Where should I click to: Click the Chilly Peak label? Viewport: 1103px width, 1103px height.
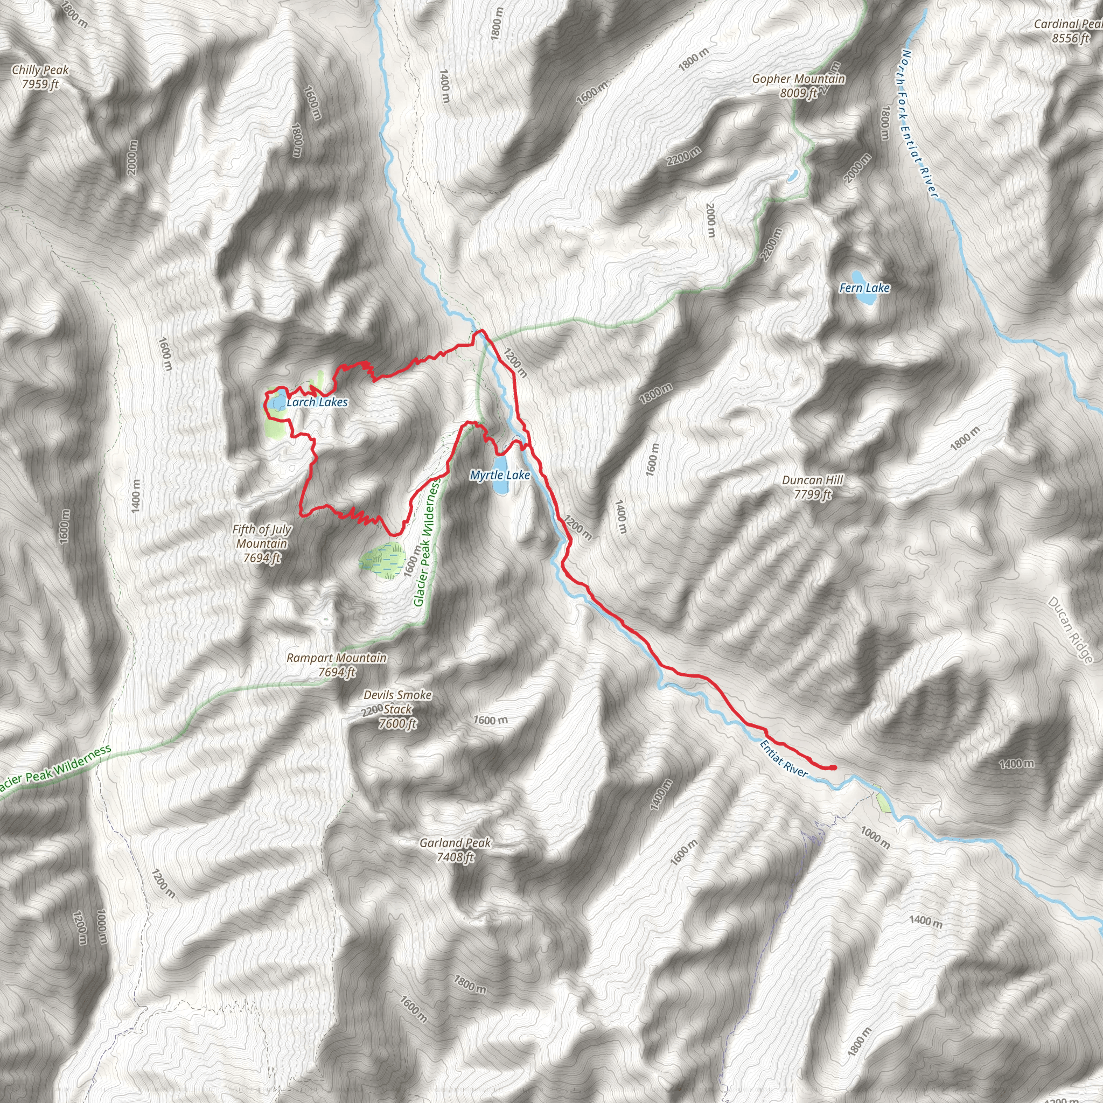coord(40,70)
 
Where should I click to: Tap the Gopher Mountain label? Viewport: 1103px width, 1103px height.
coord(798,79)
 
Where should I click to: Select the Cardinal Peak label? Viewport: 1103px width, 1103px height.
coord(1068,24)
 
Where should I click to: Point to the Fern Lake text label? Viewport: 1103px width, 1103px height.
coord(864,288)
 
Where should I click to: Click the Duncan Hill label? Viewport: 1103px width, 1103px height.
coord(812,480)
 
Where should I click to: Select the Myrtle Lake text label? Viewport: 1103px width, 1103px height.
coord(500,475)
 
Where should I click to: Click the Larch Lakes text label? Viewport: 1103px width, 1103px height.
coord(317,402)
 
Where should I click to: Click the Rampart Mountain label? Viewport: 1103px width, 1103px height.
coord(336,658)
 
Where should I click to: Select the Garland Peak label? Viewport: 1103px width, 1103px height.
coord(455,843)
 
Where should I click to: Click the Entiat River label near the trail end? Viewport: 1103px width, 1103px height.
coord(784,759)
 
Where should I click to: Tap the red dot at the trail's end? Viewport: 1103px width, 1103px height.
coord(833,767)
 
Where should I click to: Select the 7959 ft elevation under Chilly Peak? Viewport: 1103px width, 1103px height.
coord(40,85)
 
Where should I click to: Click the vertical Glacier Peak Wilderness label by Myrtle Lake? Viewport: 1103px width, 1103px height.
coord(427,543)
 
